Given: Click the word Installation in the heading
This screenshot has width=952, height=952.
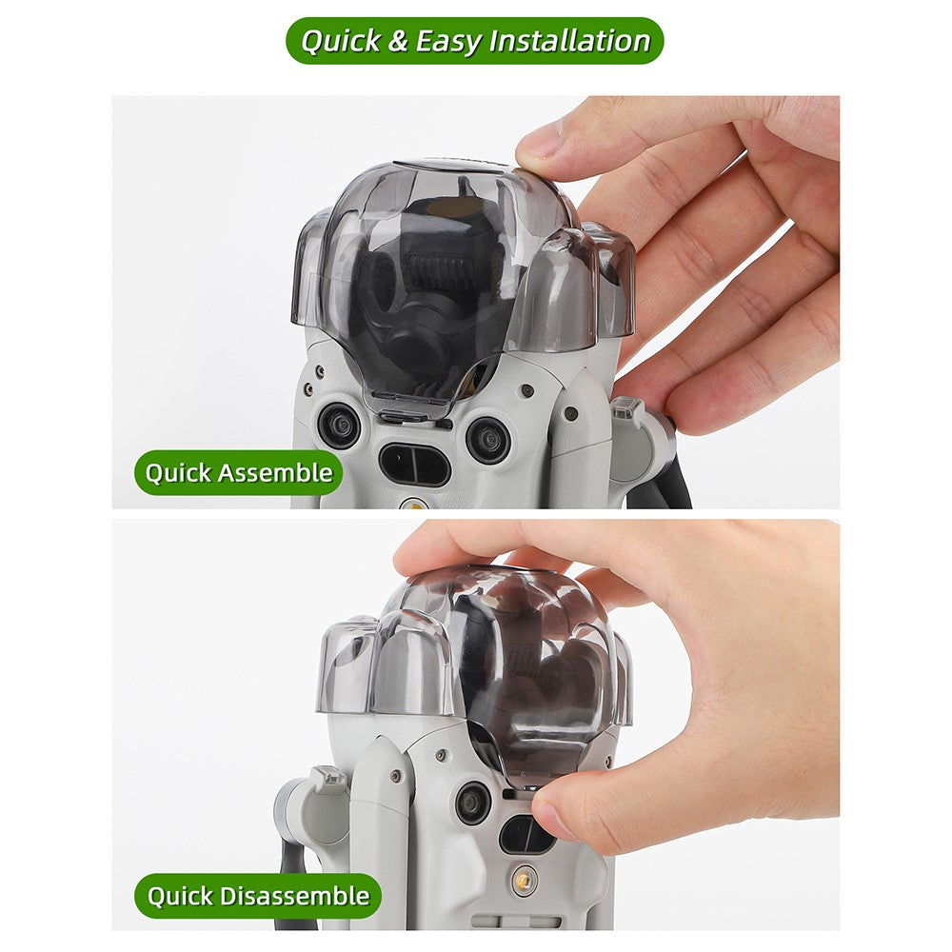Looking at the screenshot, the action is point(569,41).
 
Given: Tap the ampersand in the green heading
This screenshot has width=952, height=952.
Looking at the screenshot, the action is point(398,41).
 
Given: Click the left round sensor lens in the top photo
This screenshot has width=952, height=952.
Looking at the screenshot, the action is point(340,426).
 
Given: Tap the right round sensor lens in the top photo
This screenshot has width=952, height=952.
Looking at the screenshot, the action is point(487,439).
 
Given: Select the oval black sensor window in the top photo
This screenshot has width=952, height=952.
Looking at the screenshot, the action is point(415,465).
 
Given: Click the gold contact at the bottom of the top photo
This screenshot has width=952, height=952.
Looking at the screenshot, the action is point(414,504).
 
